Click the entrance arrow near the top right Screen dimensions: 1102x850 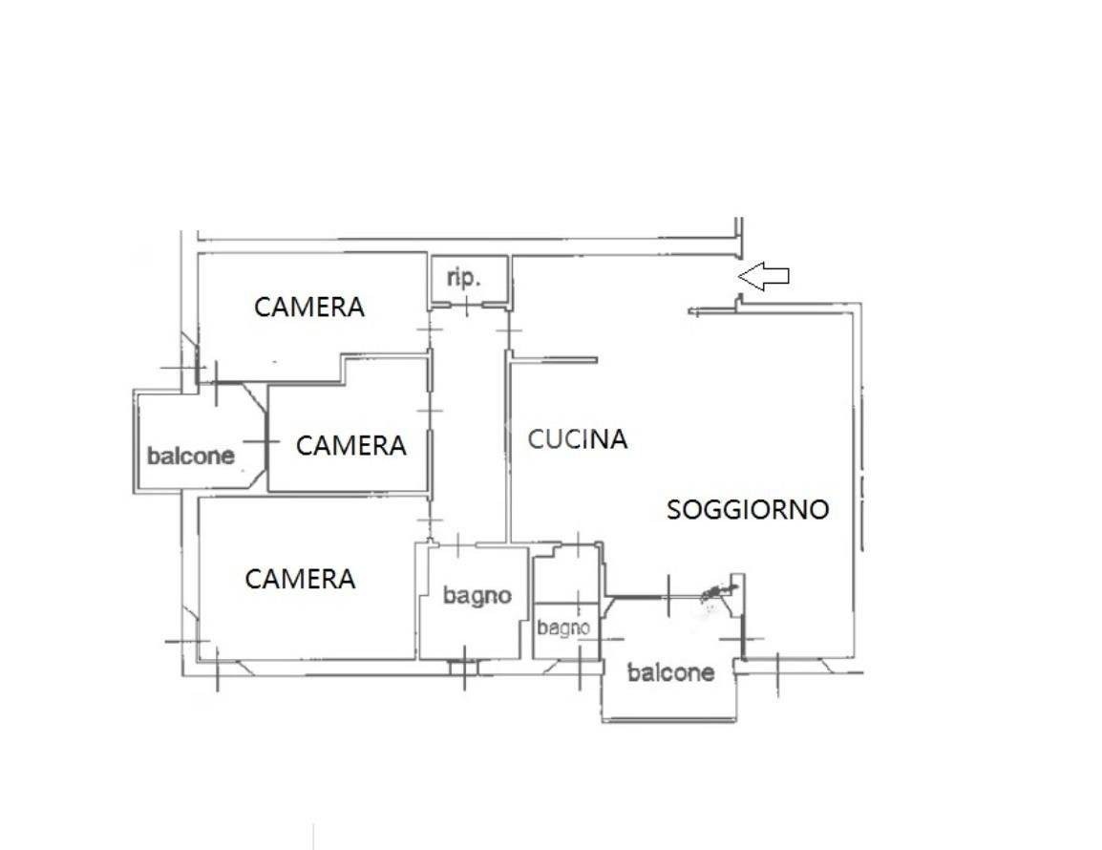763,276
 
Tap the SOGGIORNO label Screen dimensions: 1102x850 748,509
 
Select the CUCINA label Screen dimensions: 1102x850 577,438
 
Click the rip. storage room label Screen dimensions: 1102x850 464,278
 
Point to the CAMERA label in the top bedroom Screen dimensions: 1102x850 309,307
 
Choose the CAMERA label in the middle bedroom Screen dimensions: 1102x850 351,445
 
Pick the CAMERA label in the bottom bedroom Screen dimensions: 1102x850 300,579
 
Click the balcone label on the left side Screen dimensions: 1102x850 190,456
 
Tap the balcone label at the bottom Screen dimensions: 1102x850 670,672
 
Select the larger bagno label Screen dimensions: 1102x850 477,597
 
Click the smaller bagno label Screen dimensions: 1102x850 563,627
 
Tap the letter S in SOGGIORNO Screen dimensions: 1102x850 674,509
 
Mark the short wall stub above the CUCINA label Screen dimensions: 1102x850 554,361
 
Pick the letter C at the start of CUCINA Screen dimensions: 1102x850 536,438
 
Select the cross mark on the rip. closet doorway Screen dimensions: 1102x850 467,307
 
